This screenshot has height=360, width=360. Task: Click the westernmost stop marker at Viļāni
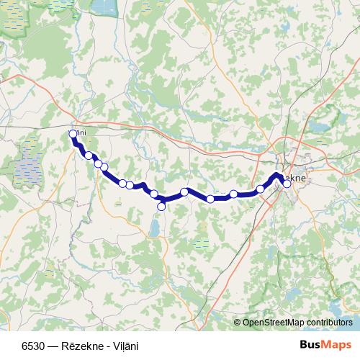[x=73, y=133]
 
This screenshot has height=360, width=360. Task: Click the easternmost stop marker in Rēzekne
[x=287, y=184]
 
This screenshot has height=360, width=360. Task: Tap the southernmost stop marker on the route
[x=161, y=207]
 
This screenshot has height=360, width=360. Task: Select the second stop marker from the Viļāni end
[x=89, y=155]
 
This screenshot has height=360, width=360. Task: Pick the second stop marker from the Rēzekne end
[x=260, y=189]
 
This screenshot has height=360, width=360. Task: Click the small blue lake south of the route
[x=155, y=229]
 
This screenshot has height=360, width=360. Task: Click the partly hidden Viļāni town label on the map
[x=80, y=132]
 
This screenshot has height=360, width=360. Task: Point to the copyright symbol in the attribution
[x=237, y=323]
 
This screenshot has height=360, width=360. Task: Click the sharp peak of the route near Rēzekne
[x=276, y=175]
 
